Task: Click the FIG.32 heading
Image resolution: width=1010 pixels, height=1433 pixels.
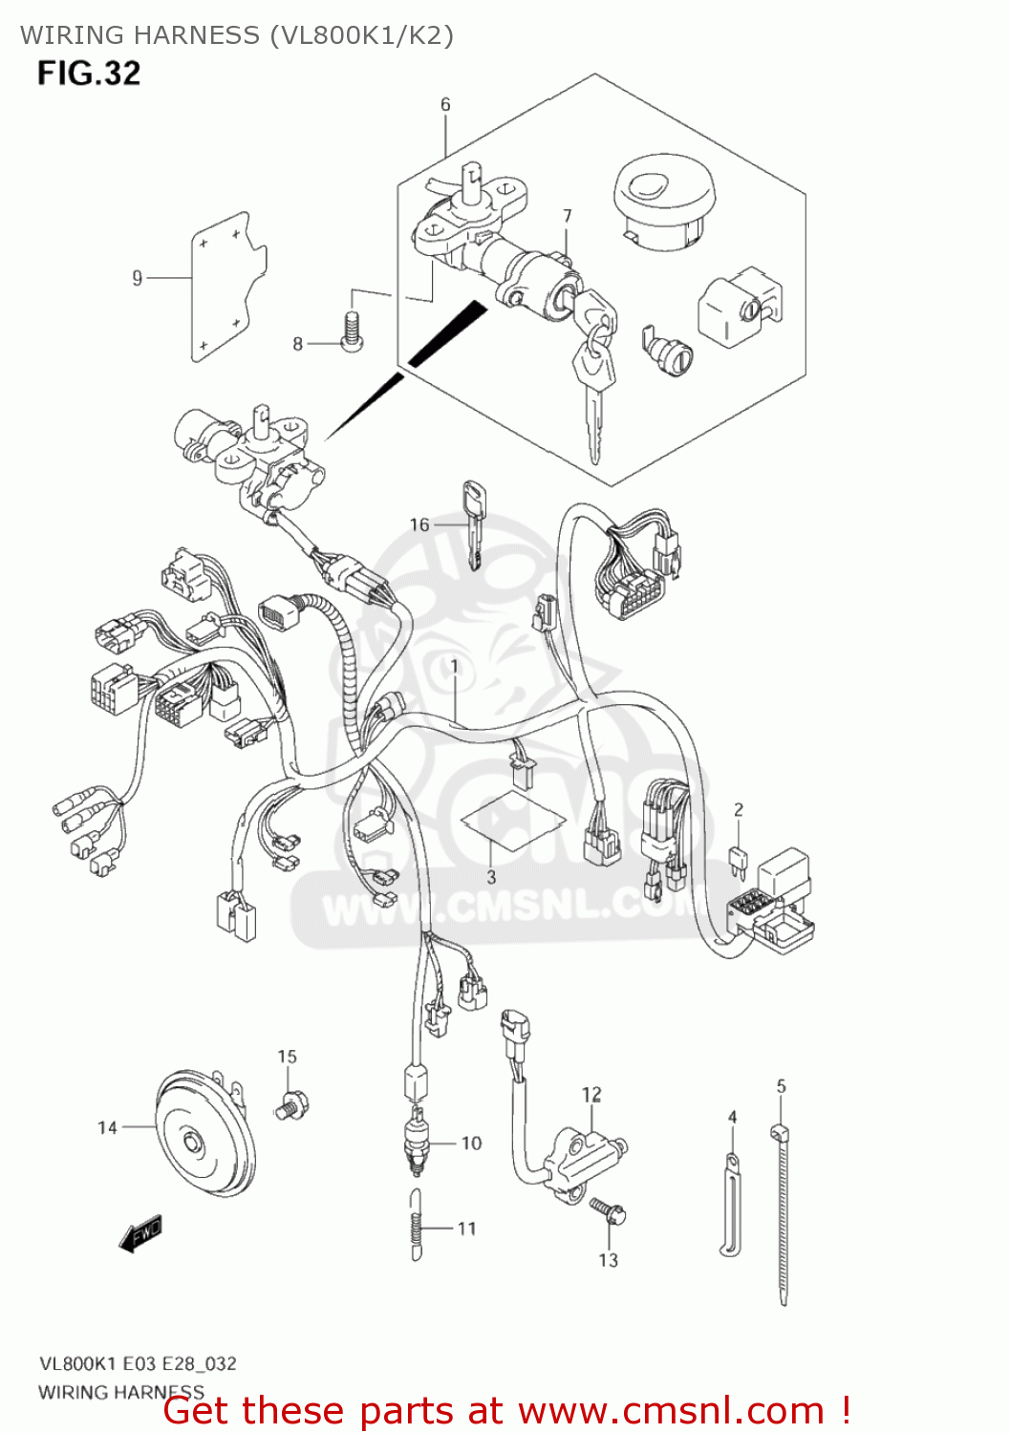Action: (89, 74)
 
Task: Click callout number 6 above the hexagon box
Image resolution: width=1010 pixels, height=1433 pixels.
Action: (445, 104)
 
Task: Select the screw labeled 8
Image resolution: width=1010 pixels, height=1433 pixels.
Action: (352, 331)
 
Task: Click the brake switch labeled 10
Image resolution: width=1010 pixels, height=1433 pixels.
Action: (417, 1142)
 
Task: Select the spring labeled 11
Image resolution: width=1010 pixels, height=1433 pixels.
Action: (416, 1227)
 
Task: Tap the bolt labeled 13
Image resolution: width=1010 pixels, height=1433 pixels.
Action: (608, 1212)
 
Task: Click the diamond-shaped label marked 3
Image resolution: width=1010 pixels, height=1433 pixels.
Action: (510, 821)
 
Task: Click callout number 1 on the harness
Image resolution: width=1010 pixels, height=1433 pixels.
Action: (454, 666)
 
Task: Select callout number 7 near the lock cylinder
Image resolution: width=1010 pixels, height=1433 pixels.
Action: (567, 216)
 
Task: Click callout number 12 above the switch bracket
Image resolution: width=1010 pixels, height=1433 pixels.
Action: (591, 1094)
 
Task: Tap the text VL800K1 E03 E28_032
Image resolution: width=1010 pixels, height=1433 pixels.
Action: (138, 1363)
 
